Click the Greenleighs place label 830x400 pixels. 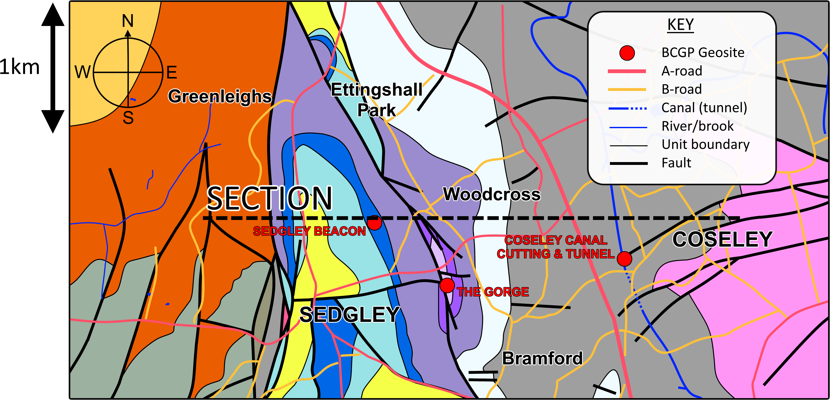point(220,96)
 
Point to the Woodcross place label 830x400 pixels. point(492,194)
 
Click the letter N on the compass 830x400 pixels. point(128,21)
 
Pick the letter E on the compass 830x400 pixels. point(172,72)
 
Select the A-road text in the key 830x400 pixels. point(682,71)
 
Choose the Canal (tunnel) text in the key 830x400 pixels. point(704,107)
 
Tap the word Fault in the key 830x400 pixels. point(676,163)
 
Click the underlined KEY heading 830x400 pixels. point(680,25)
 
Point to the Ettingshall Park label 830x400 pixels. point(376,99)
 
